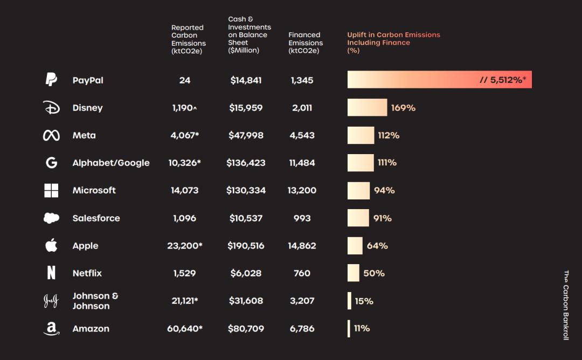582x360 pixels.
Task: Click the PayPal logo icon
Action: (x=51, y=80)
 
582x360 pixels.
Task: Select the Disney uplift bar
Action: (x=367, y=107)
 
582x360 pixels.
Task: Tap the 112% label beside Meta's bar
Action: (x=389, y=135)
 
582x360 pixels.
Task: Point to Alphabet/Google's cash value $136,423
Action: (x=246, y=163)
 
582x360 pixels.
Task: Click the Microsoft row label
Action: (x=94, y=190)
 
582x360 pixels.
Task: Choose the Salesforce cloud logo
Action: (x=51, y=218)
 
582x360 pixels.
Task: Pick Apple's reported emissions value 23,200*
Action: (x=185, y=246)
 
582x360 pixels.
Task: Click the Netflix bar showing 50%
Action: (x=354, y=273)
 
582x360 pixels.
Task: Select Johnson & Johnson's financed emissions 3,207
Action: (x=302, y=301)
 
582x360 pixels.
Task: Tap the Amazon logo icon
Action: (x=51, y=328)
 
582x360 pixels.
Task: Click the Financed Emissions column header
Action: (x=305, y=43)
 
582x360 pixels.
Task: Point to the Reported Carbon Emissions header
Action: (x=188, y=39)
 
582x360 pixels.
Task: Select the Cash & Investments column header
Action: (x=249, y=34)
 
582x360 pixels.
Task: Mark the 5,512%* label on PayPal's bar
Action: (x=502, y=80)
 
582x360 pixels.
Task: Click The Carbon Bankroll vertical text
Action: (x=566, y=305)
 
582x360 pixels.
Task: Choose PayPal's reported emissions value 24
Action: (x=185, y=80)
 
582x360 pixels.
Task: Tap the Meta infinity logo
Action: (x=51, y=135)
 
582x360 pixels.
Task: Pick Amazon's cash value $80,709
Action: (x=246, y=328)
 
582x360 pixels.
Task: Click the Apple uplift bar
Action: (x=355, y=246)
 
